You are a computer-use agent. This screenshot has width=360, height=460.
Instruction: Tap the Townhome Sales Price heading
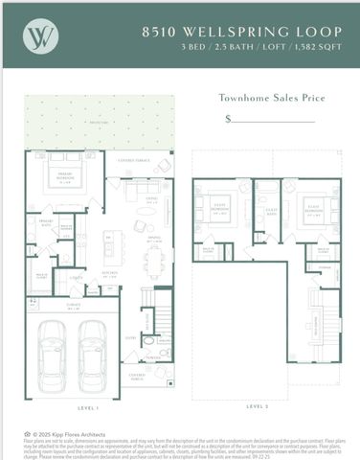coord(272,98)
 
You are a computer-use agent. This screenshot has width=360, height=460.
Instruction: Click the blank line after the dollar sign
coord(272,121)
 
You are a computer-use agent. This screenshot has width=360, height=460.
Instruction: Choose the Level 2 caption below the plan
coord(257,405)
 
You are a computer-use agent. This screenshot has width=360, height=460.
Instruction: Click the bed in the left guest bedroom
coord(214,213)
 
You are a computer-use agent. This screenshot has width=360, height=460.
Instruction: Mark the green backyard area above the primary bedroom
coord(96,123)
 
